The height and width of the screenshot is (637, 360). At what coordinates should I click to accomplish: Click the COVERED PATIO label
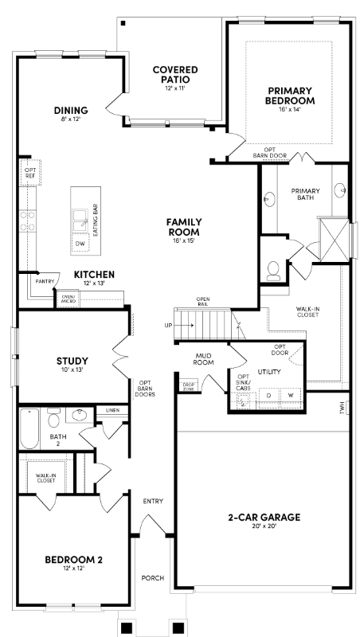click(x=175, y=75)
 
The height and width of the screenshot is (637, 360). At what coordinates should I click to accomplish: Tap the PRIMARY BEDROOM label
click(x=291, y=96)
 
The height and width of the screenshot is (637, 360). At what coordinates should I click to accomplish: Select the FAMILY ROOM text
click(x=183, y=226)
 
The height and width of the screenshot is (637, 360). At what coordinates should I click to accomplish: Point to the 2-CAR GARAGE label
click(x=264, y=518)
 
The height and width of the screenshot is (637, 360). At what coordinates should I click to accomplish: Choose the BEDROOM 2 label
click(x=73, y=560)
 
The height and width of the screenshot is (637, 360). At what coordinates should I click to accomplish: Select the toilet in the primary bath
click(x=273, y=270)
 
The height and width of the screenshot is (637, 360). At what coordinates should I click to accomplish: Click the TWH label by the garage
click(x=342, y=408)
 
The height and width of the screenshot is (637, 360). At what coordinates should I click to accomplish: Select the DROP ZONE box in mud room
click(x=189, y=385)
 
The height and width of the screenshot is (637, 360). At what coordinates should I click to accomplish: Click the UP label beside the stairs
click(x=167, y=325)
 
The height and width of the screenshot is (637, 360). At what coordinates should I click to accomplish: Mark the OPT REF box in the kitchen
click(x=30, y=172)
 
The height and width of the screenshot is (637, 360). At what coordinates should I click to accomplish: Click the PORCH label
click(x=151, y=578)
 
